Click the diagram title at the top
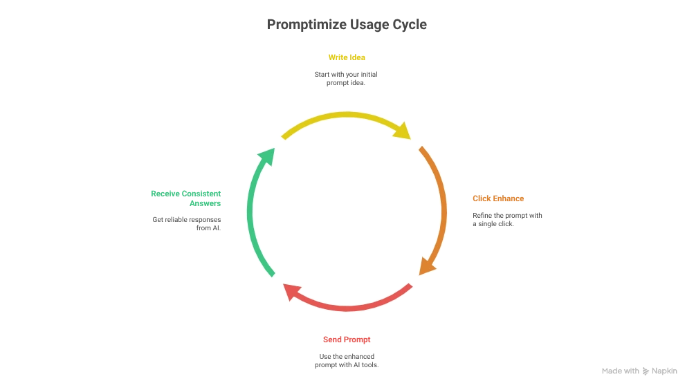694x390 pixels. point(348,26)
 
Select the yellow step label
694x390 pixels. point(346,57)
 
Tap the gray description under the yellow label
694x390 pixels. point(346,77)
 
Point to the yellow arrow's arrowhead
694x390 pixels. point(403,131)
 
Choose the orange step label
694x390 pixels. point(497,199)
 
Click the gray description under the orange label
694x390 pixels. point(506,220)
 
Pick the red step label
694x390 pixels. point(346,340)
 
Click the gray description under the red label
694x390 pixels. point(346,361)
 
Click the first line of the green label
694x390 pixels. point(185,194)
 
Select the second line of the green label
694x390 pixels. point(205,204)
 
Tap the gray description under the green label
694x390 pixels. point(185,224)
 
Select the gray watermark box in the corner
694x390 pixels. point(639,371)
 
